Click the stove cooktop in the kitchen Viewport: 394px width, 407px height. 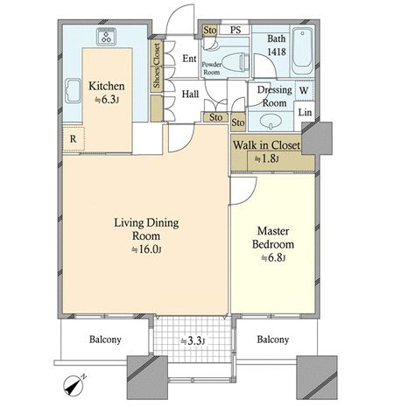[x=107, y=37]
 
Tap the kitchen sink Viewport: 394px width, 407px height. [x=73, y=90]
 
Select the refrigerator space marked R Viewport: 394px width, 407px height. [x=74, y=139]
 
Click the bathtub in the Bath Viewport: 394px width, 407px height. [x=302, y=51]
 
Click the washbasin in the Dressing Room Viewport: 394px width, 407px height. [x=271, y=121]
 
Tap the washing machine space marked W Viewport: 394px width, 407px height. [x=304, y=90]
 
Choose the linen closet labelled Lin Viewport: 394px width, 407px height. [x=305, y=112]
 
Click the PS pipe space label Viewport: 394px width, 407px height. [x=236, y=30]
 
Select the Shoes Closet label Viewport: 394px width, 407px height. [x=157, y=66]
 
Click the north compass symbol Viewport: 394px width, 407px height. [x=74, y=385]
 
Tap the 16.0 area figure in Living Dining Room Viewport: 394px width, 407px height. [x=146, y=249]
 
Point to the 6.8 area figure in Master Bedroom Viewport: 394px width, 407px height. [x=272, y=257]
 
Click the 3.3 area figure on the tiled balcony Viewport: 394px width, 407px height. [x=193, y=340]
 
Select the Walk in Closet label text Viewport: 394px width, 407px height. [x=266, y=145]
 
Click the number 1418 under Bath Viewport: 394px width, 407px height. [x=277, y=52]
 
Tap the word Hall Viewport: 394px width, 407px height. [x=190, y=94]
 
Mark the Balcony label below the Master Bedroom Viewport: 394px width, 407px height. [x=273, y=340]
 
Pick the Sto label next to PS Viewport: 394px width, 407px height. [x=210, y=30]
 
